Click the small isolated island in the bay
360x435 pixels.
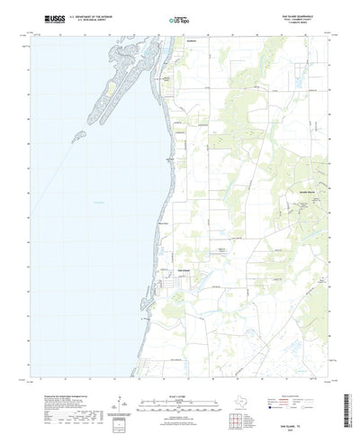click(x=80, y=135)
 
